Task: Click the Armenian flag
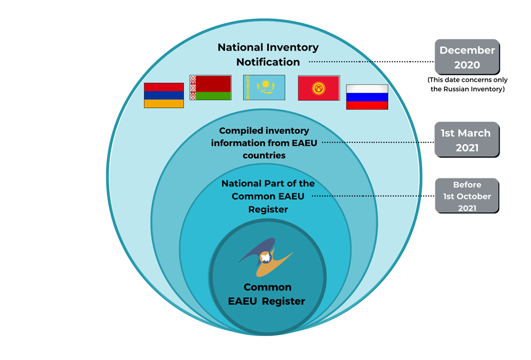[164, 96]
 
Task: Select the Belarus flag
[210, 88]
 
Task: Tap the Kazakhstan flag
[264, 88]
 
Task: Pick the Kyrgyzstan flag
[319, 88]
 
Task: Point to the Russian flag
[367, 97]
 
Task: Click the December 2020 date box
[467, 57]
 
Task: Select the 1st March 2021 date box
[467, 140]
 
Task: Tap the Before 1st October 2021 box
[467, 196]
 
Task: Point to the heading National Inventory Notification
[268, 54]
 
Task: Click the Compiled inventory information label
[264, 143]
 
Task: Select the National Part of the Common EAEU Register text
[268, 196]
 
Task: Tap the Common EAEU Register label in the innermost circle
[267, 294]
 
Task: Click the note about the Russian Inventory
[467, 84]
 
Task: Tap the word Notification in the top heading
[268, 62]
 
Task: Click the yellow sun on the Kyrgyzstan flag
[319, 87]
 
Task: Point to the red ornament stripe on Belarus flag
[193, 88]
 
